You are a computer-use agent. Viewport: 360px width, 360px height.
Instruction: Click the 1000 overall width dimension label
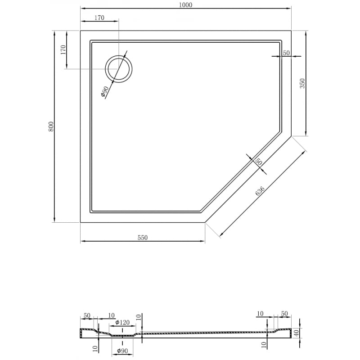185,5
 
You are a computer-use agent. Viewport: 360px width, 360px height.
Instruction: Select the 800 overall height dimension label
51,126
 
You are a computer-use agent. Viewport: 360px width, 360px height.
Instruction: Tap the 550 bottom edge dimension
142,238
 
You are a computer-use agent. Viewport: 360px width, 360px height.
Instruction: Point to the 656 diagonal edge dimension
260,190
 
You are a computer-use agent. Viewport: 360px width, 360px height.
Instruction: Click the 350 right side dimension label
302,83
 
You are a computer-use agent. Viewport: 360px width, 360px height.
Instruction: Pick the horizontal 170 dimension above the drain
99,18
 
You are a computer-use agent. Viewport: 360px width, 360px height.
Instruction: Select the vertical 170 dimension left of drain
63,49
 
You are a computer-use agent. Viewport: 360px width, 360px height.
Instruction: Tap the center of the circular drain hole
119,69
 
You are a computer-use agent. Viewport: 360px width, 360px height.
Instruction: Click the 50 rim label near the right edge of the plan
286,53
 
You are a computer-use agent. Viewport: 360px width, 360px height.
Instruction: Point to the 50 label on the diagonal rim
258,162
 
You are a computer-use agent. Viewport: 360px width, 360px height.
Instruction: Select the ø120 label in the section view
122,322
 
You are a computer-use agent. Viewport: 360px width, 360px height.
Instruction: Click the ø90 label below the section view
122,351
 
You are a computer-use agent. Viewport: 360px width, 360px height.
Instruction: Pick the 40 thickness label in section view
297,333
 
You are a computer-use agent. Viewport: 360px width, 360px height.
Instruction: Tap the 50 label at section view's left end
87,316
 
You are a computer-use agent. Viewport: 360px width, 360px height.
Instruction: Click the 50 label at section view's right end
284,313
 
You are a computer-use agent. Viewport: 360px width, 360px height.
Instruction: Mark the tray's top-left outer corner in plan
81,31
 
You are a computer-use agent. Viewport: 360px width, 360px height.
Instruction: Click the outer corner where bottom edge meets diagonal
205,222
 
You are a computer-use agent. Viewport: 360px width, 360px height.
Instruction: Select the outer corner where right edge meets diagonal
291,136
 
